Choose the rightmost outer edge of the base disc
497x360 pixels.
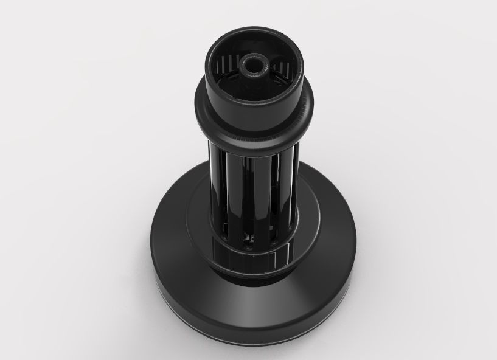[356, 243]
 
